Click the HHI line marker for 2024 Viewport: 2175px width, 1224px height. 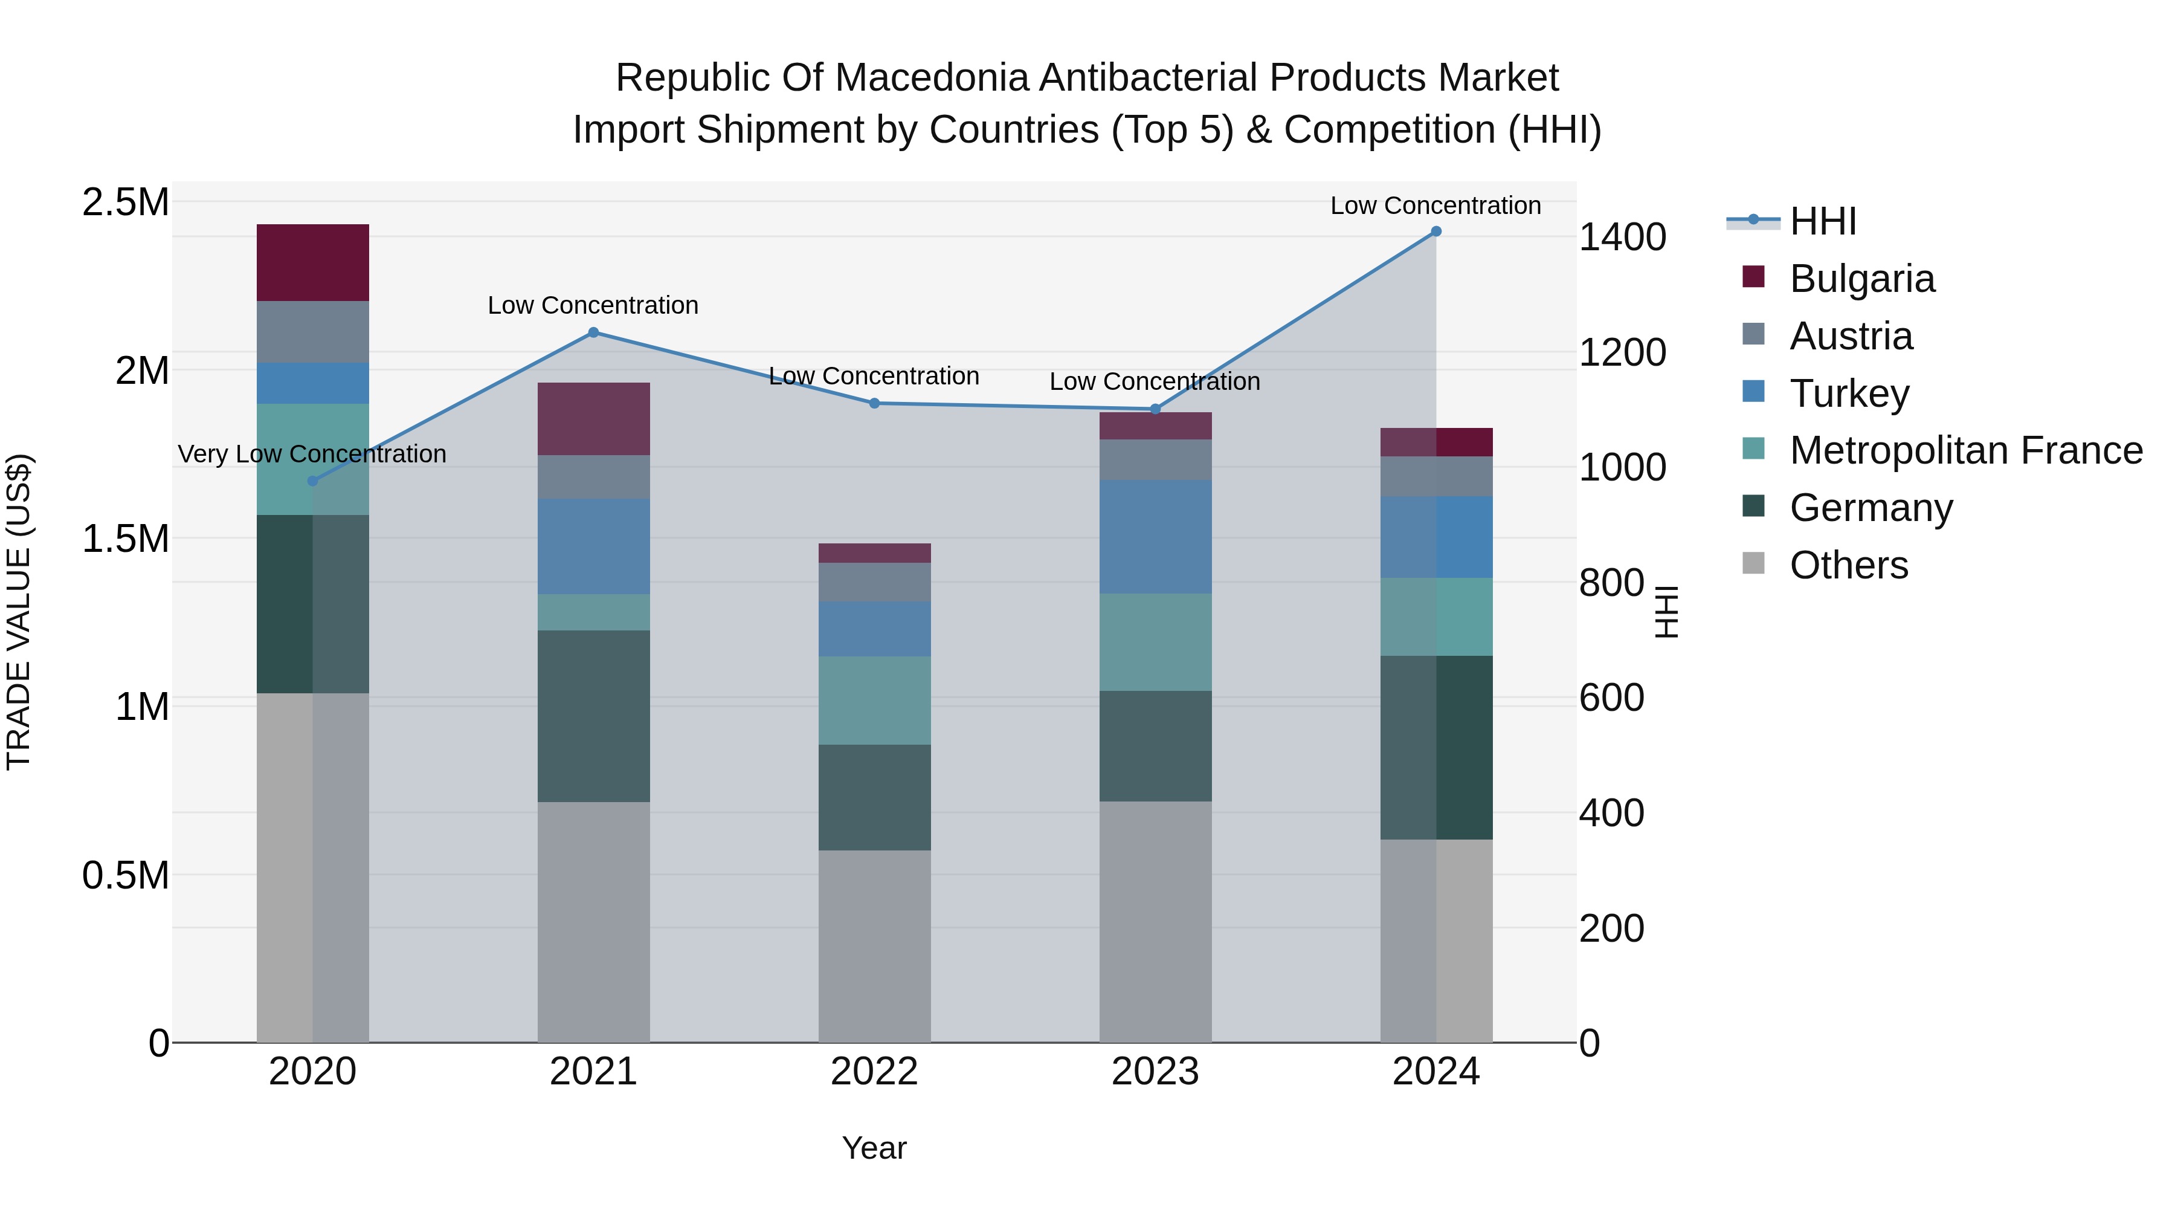tap(1436, 232)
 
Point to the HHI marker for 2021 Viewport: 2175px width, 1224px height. tap(593, 333)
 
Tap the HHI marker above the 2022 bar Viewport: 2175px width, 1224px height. tap(875, 404)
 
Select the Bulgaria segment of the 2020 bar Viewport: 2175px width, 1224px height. tap(312, 263)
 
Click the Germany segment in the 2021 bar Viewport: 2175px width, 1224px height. tap(593, 716)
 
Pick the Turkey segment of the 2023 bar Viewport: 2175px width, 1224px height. tap(1155, 537)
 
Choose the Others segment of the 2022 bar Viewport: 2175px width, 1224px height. tap(875, 946)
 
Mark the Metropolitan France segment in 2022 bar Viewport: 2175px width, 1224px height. tap(875, 701)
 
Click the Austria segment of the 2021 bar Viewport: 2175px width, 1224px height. tap(593, 478)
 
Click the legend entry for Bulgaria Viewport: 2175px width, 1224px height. tap(1862, 279)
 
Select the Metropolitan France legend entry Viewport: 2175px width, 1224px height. tap(1965, 451)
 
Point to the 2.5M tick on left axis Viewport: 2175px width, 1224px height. tap(126, 202)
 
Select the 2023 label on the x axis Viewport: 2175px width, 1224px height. tap(1155, 1072)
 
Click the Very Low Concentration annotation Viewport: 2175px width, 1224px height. tap(312, 455)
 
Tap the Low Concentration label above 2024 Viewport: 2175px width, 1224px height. tap(1435, 206)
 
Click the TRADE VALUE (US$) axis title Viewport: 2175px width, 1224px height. tap(19, 612)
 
